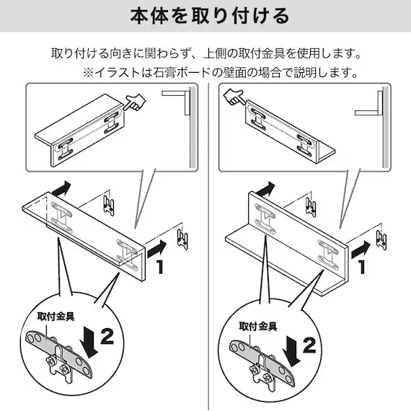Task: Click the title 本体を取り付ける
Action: pyautogui.click(x=205, y=16)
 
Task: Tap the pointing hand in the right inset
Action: pyautogui.click(x=232, y=94)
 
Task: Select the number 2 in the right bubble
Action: pyautogui.click(x=309, y=345)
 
